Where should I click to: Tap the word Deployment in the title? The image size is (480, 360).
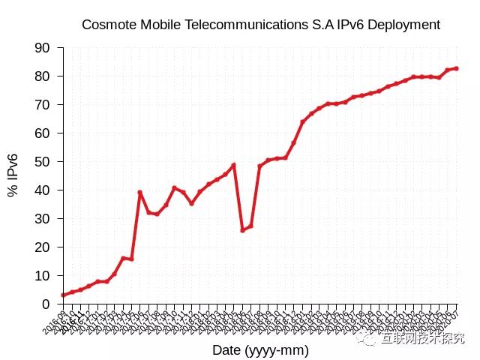(403, 25)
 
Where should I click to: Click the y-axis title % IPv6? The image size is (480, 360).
(13, 175)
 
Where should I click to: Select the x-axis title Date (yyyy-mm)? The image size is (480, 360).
(260, 350)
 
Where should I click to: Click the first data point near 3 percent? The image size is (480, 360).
(63, 295)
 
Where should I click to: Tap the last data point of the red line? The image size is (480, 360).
(456, 68)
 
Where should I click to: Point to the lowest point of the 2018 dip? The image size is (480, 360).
(242, 229)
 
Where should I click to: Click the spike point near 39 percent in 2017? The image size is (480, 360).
(139, 192)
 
